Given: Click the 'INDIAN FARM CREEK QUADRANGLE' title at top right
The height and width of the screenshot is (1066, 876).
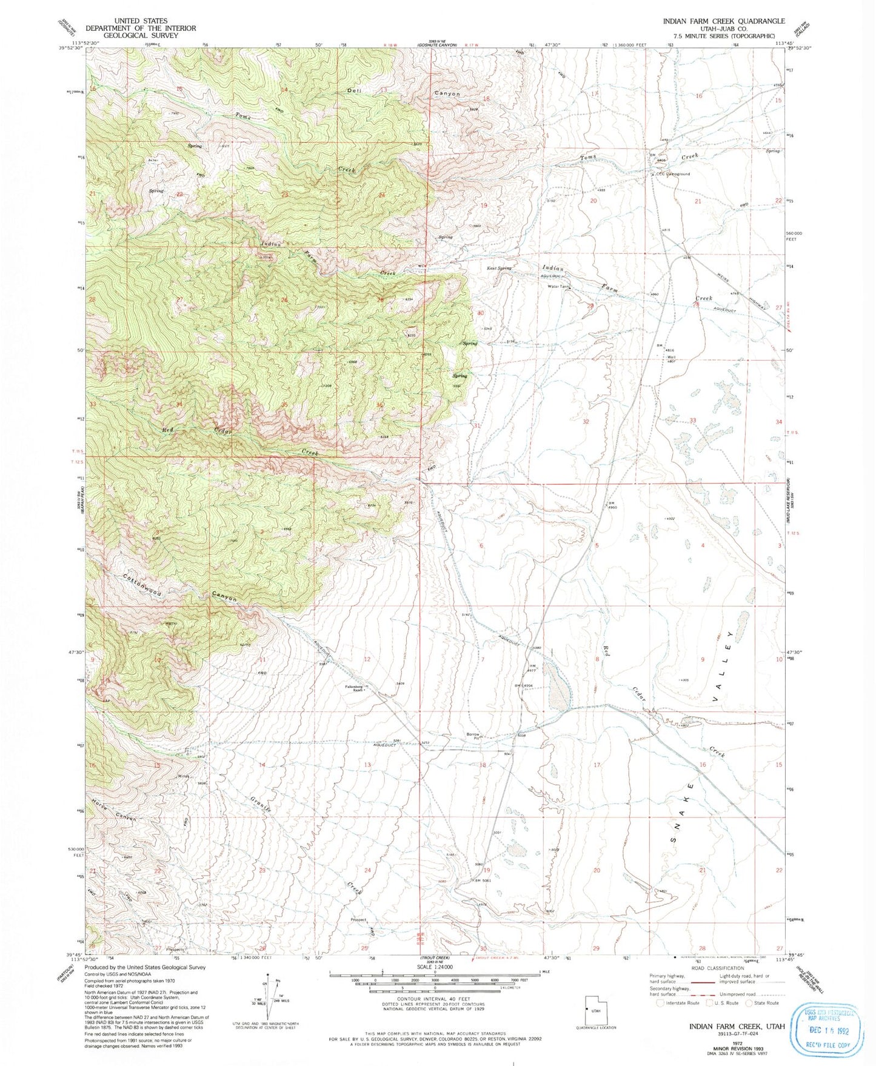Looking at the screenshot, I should point(723,21).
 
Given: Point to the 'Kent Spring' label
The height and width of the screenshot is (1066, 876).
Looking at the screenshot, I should point(499,268).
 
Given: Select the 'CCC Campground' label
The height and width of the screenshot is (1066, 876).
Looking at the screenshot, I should point(671,174).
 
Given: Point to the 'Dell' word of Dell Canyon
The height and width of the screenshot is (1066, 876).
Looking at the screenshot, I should point(354,90).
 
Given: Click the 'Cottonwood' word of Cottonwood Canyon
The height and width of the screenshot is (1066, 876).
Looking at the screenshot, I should point(142,584).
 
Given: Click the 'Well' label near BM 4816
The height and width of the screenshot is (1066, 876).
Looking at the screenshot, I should point(671,357).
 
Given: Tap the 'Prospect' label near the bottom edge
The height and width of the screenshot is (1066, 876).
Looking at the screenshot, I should point(358,919).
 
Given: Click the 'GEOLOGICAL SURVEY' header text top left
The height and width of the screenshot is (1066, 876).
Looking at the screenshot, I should point(141,35).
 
